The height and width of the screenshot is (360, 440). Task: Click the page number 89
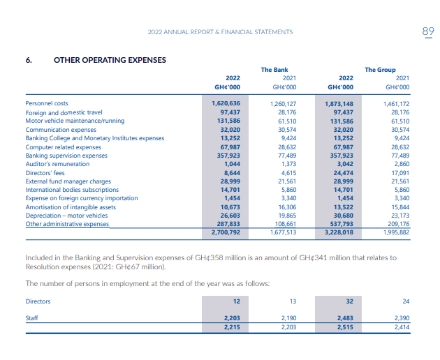[428, 31]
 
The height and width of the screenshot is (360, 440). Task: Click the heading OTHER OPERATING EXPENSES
[110, 59]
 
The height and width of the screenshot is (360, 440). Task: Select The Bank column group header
[274, 70]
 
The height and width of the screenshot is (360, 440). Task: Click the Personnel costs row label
[47, 103]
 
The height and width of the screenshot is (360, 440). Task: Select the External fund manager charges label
[68, 181]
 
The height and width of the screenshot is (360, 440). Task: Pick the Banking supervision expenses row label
[66, 155]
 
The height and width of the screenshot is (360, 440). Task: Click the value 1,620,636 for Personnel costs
[226, 103]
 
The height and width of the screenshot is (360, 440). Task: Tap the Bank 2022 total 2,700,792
[226, 232]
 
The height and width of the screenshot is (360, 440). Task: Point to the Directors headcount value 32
[349, 301]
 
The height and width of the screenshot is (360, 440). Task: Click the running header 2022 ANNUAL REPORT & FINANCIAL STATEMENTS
[220, 32]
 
